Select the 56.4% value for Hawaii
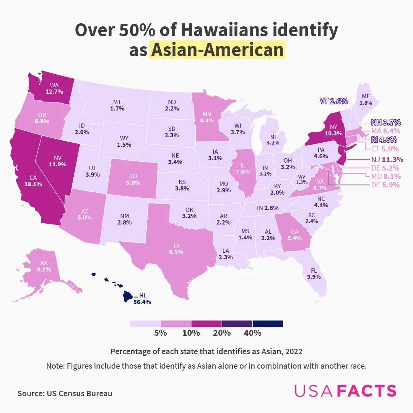coord(142,302)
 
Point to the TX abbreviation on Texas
coord(176,246)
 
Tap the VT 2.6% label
coord(333,101)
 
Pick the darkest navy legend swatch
coord(268,324)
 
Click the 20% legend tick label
coord(222,333)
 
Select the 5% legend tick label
coord(161,333)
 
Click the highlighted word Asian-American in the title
coord(217,50)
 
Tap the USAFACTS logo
coord(345,391)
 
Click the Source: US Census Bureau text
coord(65,393)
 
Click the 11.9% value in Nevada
coord(58,164)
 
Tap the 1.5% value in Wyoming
coord(125,145)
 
